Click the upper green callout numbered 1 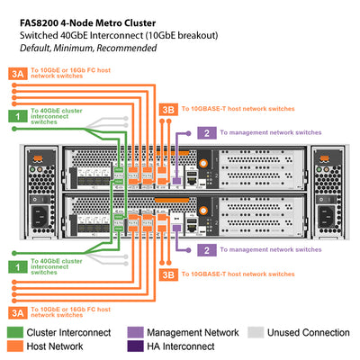(x=17, y=115)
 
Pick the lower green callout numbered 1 (x=17, y=265)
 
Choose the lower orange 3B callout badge (x=167, y=274)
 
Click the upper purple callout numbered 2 (x=207, y=132)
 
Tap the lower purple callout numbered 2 (x=207, y=249)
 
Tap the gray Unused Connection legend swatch (x=256, y=333)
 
